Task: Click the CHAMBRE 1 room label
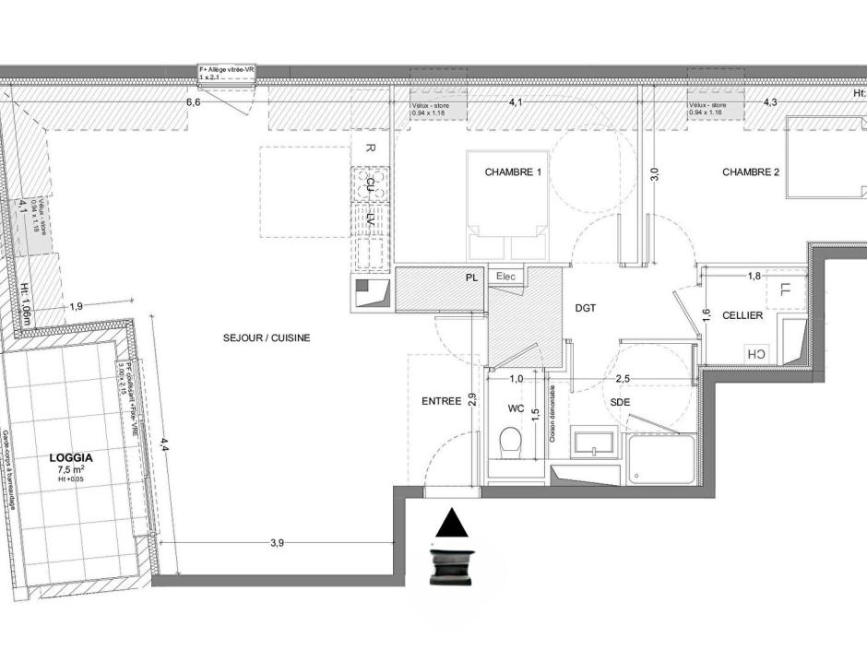click(513, 172)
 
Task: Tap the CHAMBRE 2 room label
click(751, 172)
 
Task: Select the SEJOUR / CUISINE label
click(267, 338)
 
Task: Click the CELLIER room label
click(742, 315)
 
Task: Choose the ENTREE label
click(441, 401)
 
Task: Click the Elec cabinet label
click(506, 276)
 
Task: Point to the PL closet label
click(471, 277)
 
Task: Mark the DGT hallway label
click(587, 309)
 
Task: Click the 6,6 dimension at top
click(193, 102)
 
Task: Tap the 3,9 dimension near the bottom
click(276, 543)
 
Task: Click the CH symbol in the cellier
click(755, 354)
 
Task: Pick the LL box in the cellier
click(785, 290)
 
